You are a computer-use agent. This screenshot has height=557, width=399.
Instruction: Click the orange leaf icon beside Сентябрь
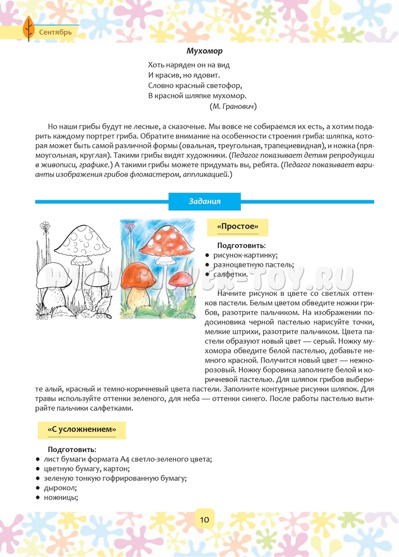click(27, 28)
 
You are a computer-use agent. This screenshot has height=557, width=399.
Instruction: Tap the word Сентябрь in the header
click(56, 32)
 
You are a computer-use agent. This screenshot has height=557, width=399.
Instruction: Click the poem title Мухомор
click(200, 51)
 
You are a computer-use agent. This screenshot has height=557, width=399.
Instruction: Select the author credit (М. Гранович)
click(233, 106)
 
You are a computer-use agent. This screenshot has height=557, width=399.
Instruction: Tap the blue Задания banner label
click(204, 201)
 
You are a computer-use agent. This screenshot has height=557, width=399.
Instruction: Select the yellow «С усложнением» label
click(81, 430)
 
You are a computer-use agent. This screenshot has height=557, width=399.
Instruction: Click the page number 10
click(204, 519)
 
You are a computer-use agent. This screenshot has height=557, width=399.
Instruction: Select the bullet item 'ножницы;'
click(61, 497)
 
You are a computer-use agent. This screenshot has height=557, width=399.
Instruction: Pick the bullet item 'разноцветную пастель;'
click(254, 265)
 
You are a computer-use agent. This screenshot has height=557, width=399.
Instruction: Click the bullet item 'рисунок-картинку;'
click(246, 255)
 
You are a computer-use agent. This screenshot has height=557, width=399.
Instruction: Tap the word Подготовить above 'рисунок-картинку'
click(242, 246)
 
